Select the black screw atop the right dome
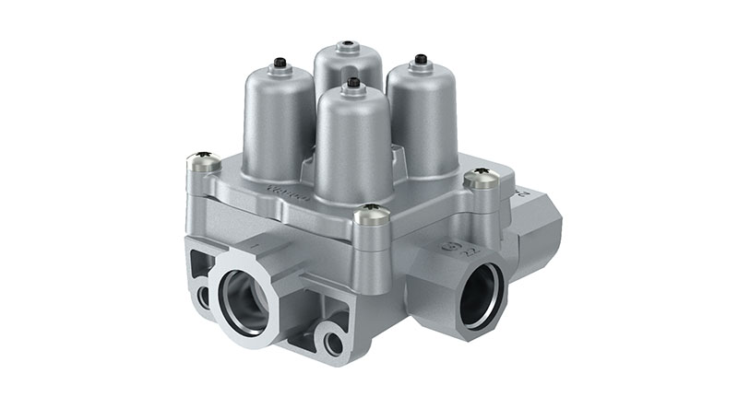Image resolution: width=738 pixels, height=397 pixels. [421, 60]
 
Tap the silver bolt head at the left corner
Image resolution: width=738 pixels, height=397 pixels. [204, 164]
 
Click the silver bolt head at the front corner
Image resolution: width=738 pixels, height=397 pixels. [371, 215]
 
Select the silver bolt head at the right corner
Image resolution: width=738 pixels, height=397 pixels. [481, 179]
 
